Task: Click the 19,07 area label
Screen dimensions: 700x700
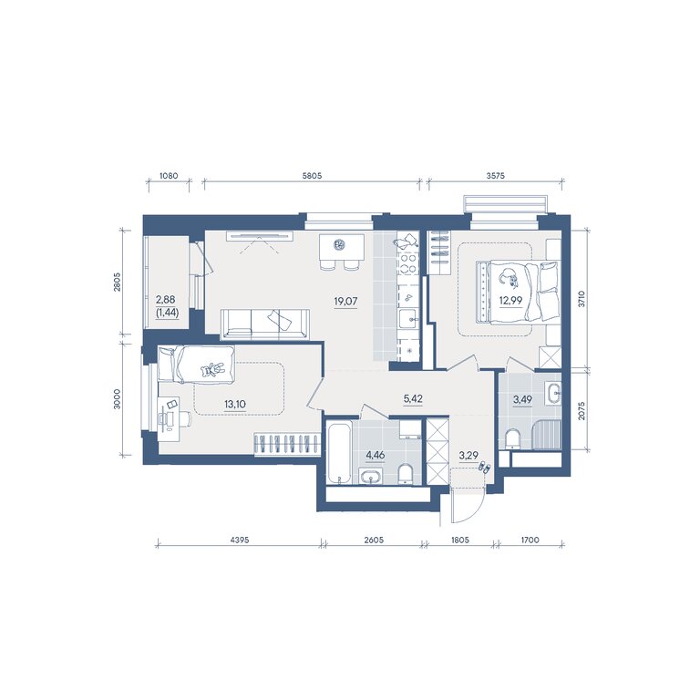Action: click(x=345, y=302)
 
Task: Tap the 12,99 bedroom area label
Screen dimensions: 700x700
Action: click(x=510, y=300)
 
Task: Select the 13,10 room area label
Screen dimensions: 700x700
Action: click(x=235, y=405)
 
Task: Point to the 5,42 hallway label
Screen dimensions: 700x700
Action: click(x=413, y=398)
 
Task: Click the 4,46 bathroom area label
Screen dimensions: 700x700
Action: click(x=375, y=456)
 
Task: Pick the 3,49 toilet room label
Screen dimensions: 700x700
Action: click(x=522, y=399)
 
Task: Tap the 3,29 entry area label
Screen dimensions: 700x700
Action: click(x=468, y=456)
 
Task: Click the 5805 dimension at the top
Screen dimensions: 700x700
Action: click(x=312, y=175)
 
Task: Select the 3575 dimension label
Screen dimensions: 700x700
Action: click(x=496, y=175)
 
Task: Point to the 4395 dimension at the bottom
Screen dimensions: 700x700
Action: click(x=240, y=540)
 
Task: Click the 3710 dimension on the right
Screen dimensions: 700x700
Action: click(x=581, y=299)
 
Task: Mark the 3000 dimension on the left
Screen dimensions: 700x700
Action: click(x=117, y=399)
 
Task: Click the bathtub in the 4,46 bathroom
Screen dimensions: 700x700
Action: click(x=340, y=454)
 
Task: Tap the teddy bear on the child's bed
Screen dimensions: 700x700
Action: click(x=211, y=370)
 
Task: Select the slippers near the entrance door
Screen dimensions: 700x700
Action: click(x=484, y=468)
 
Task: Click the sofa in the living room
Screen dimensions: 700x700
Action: click(x=264, y=324)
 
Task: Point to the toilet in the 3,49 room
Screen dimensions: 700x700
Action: click(x=513, y=439)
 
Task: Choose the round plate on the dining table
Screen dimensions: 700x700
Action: click(x=340, y=243)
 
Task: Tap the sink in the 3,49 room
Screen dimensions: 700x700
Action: click(x=554, y=394)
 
